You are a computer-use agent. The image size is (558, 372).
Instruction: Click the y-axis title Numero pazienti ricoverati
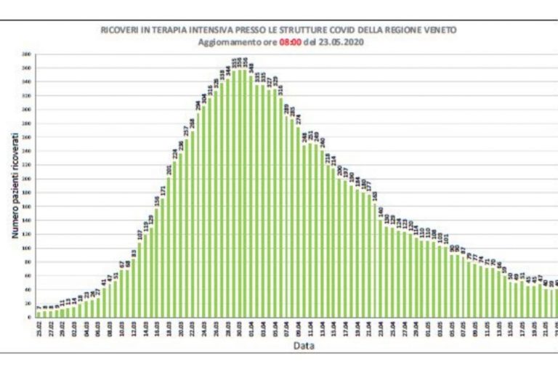coord(15,187)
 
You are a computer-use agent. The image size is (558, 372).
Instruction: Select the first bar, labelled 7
coord(39,314)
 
